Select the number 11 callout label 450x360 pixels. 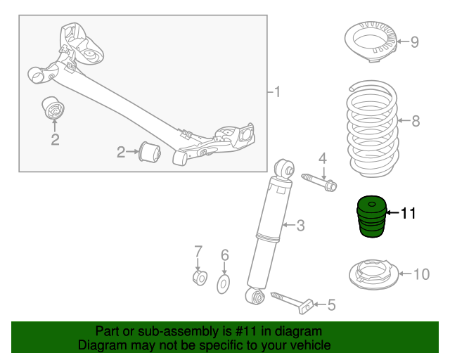(409, 214)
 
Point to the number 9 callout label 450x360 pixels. (414, 42)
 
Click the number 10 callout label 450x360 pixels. (420, 274)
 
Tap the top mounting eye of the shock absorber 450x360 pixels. (284, 168)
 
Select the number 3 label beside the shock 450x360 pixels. (300, 225)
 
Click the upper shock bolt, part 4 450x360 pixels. (319, 181)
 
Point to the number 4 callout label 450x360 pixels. (323, 157)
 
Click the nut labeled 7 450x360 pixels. (199, 278)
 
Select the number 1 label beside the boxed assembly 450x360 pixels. (277, 91)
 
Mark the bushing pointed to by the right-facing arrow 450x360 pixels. (151, 151)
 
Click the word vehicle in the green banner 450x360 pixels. (309, 345)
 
